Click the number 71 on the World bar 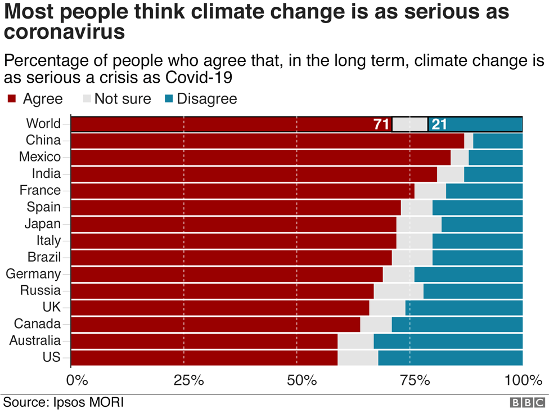[381, 124]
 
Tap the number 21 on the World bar [439, 124]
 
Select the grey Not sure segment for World [409, 124]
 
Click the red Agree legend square [11, 99]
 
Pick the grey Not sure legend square [86, 99]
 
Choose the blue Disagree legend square [168, 99]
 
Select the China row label [43, 141]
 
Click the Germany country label [33, 274]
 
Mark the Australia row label [35, 341]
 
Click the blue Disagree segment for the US [450, 358]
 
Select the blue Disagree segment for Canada [457, 324]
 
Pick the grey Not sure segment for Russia [398, 291]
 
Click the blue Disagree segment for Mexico [495, 158]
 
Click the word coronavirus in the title [64, 32]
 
